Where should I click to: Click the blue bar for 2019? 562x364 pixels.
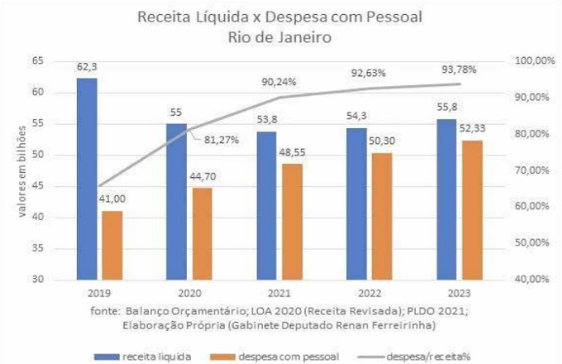point(87,178)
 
